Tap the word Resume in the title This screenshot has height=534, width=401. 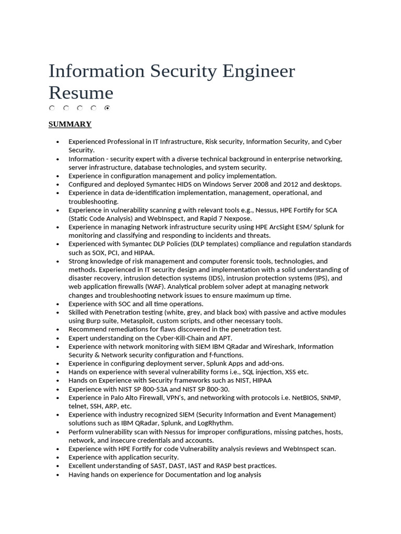(x=81, y=93)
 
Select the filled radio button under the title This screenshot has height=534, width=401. (x=107, y=108)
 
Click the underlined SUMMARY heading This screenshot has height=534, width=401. (x=70, y=124)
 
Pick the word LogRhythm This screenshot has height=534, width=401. (x=214, y=423)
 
